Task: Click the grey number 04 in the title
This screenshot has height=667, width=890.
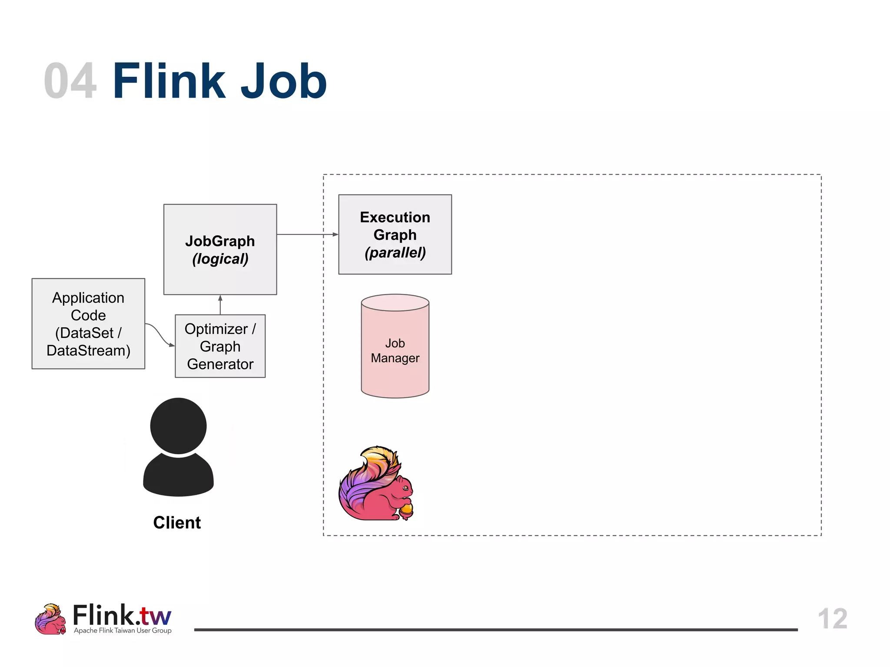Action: click(x=70, y=81)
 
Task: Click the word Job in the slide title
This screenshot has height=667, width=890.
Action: click(x=283, y=81)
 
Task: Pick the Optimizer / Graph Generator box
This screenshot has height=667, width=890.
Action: click(x=220, y=346)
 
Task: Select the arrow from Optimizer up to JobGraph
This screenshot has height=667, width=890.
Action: click(x=220, y=305)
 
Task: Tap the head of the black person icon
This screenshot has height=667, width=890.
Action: click(x=178, y=426)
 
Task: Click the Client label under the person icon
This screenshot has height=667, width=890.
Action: click(x=177, y=522)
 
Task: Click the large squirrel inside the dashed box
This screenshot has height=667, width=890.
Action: click(x=374, y=486)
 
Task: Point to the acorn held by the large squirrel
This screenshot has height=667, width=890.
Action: click(x=407, y=511)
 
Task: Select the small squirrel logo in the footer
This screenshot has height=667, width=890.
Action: click(x=50, y=619)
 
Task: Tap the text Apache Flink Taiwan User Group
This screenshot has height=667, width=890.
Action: click(x=123, y=631)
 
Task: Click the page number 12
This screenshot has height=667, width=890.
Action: click(x=832, y=618)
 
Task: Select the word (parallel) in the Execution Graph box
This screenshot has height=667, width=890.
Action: click(x=395, y=252)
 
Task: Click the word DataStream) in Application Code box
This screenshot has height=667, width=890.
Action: click(x=88, y=350)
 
